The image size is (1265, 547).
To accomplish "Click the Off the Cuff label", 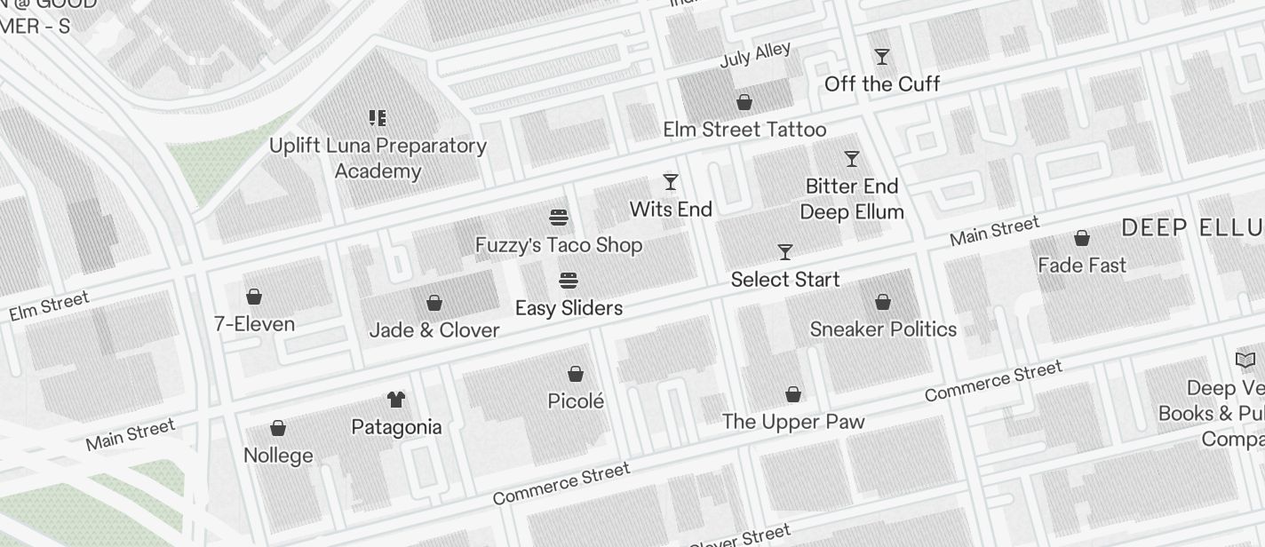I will point(881,84).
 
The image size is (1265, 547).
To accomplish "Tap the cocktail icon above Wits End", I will point(671,182).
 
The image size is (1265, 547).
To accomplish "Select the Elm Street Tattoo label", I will point(744,130).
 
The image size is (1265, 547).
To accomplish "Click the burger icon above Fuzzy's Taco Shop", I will point(559,218).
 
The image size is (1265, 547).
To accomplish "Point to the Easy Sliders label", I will point(569,308).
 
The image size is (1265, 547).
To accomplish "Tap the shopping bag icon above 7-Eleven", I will point(254,297).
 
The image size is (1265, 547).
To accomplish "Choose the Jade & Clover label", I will point(434,330).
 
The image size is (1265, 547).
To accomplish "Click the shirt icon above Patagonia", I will point(396,400).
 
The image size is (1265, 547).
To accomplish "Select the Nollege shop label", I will point(278,456).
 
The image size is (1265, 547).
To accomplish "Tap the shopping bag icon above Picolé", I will point(576,374).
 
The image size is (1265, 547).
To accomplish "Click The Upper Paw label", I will point(793,422).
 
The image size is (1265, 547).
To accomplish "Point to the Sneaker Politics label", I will point(883,329).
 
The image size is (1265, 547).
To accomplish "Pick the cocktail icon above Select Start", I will point(785,252).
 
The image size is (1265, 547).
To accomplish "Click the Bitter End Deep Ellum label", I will point(852,199).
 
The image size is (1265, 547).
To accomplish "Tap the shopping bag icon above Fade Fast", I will point(1082,238).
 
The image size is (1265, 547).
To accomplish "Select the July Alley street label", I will point(755,55).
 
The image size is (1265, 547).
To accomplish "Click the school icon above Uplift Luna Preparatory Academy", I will point(378,118).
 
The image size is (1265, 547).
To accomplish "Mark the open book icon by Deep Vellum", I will point(1245,360).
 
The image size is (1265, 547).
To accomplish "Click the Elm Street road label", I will point(49,306).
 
